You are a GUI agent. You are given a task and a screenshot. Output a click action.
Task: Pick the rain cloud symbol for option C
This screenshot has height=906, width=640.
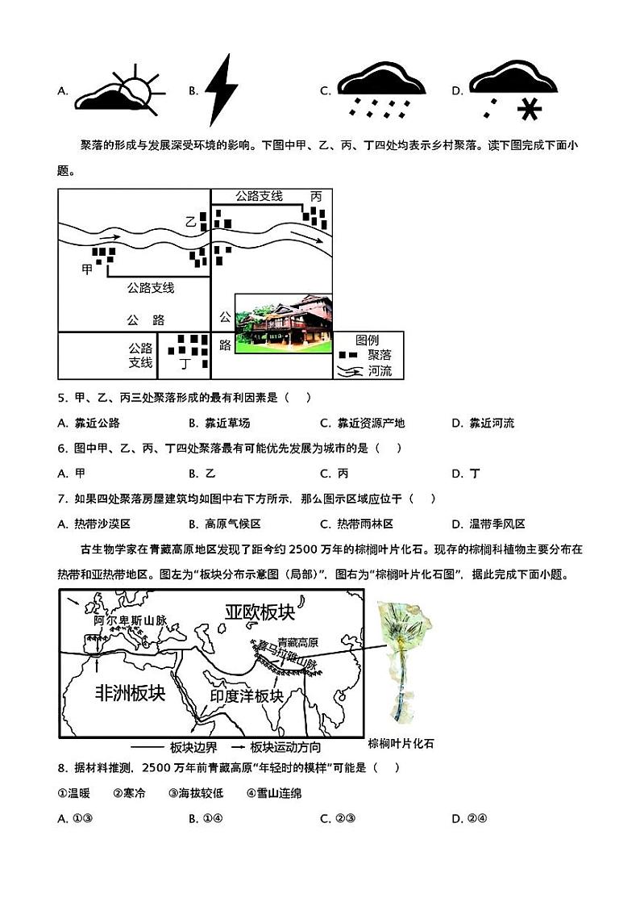pos(381,91)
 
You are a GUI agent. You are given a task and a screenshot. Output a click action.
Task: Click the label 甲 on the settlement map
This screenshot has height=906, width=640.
pos(87,269)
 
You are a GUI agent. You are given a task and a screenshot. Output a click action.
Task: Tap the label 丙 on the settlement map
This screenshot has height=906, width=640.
pos(316,197)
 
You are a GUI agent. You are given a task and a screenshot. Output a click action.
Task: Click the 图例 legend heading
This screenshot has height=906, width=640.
pos(367,340)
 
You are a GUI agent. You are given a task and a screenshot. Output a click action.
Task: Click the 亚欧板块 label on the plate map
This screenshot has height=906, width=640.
pos(260,612)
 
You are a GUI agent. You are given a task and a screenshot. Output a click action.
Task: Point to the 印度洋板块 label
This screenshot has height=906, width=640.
pos(247,695)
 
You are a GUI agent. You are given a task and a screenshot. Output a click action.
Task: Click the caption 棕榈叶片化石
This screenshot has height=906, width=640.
pos(401,743)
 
